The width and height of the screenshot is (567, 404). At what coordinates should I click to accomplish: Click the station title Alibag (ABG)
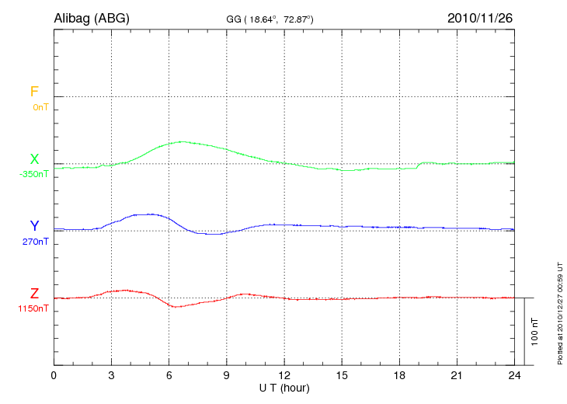pyautogui.click(x=91, y=17)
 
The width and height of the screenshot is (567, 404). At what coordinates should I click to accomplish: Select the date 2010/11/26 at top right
pyautogui.click(x=479, y=17)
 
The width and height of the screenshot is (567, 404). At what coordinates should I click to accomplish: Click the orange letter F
pyautogui.click(x=34, y=92)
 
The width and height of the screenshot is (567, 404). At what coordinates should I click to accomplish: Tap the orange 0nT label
pyautogui.click(x=40, y=106)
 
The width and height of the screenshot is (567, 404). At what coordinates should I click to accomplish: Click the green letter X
pyautogui.click(x=34, y=159)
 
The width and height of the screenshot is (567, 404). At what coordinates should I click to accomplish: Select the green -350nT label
pyautogui.click(x=34, y=174)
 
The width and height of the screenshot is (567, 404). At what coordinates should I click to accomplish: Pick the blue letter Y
pyautogui.click(x=34, y=226)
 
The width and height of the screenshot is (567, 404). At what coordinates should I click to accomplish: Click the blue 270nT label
pyautogui.click(x=36, y=242)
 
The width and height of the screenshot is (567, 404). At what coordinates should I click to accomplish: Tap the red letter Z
pyautogui.click(x=34, y=294)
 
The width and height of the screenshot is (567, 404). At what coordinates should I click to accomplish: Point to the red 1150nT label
pyautogui.click(x=34, y=308)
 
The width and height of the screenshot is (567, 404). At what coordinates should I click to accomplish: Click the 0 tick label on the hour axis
pyautogui.click(x=54, y=376)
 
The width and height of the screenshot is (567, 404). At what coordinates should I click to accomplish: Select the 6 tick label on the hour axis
pyautogui.click(x=169, y=376)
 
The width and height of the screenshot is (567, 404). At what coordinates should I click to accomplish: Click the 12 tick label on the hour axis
pyautogui.click(x=284, y=376)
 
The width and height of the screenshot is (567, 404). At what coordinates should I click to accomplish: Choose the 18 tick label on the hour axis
pyautogui.click(x=399, y=376)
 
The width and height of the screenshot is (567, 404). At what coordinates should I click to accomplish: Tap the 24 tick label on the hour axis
pyautogui.click(x=514, y=376)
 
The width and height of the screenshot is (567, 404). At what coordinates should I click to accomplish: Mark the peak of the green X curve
pyautogui.click(x=183, y=141)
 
